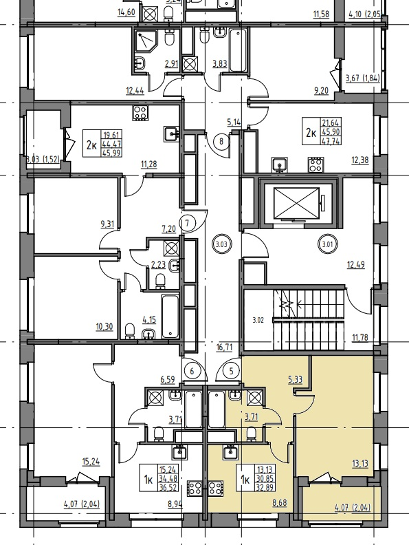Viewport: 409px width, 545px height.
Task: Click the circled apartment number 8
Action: pos(221,141)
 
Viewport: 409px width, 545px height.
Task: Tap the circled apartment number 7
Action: pos(187,223)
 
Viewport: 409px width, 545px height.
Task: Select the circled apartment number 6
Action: pos(192,371)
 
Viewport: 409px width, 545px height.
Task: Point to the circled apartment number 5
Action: pos(232,371)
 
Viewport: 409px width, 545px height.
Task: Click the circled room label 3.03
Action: pos(221,244)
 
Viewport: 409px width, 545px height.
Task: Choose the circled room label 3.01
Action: pos(327,244)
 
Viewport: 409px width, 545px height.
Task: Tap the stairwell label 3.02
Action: pos(258,320)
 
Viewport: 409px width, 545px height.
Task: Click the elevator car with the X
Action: pos(296,203)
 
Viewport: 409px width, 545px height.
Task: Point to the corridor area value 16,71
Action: pos(224,348)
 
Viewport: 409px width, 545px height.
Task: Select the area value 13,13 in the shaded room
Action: pos(360,463)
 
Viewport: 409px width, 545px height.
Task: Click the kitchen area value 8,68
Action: pos(280,502)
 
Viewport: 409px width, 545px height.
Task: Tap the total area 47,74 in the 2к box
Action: pos(331,142)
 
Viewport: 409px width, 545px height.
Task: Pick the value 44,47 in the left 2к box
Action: pos(111,144)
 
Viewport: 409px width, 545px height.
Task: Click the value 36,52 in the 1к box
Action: pos(168,488)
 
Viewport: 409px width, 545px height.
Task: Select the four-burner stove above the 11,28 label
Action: pos(140,113)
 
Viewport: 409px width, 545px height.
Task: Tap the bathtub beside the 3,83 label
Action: pos(238,50)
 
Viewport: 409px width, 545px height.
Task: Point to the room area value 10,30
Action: pos(104,327)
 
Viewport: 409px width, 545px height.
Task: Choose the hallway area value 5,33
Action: pos(295,379)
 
